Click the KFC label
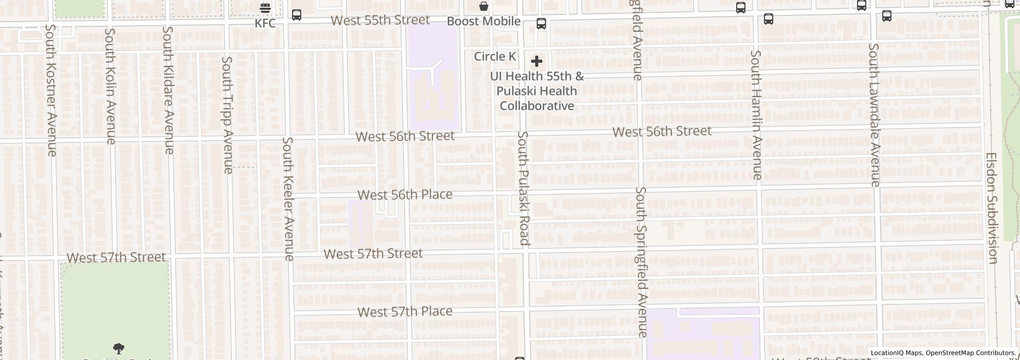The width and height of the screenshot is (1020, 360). pyautogui.click(x=265, y=23)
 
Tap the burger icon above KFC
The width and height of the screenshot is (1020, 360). pyautogui.click(x=265, y=8)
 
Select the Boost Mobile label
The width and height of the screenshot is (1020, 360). pyautogui.click(x=483, y=21)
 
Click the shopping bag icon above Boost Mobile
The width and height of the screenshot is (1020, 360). pyautogui.click(x=483, y=6)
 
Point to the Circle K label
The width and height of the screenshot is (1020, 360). pyautogui.click(x=495, y=56)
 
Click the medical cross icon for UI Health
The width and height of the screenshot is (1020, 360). pyautogui.click(x=536, y=62)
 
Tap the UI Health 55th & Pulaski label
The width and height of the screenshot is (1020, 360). pyautogui.click(x=537, y=91)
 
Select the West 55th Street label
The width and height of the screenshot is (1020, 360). pyautogui.click(x=380, y=20)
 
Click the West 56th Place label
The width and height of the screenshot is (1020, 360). pyautogui.click(x=405, y=194)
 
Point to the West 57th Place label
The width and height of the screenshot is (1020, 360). pyautogui.click(x=405, y=312)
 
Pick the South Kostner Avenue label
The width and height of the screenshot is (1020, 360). pyautogui.click(x=50, y=90)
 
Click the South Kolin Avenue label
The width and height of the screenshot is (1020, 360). pyautogui.click(x=110, y=86)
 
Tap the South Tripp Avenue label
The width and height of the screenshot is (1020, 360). pyautogui.click(x=227, y=115)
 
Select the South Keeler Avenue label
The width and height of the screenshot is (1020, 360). pyautogui.click(x=288, y=199)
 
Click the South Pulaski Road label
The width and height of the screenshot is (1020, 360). pyautogui.click(x=523, y=188)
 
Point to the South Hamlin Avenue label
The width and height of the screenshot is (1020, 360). pyautogui.click(x=756, y=115)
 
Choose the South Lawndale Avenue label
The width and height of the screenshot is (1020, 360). pyautogui.click(x=875, y=115)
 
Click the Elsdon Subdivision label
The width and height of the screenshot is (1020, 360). pyautogui.click(x=992, y=208)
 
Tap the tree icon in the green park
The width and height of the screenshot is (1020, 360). pyautogui.click(x=118, y=349)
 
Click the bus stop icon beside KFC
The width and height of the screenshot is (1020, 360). pyautogui.click(x=297, y=15)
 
